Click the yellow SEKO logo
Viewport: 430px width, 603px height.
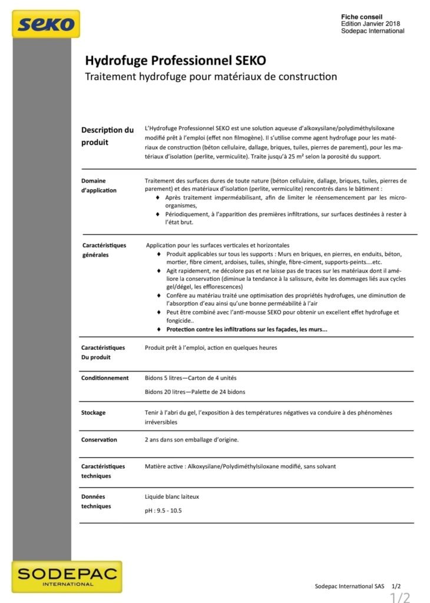click(45, 24)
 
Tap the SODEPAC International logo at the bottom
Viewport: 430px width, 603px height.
click(67, 576)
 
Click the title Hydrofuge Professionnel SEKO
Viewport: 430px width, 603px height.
click(176, 61)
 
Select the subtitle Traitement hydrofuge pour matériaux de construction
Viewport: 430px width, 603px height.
click(211, 77)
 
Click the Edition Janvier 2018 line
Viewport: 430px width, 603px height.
click(371, 24)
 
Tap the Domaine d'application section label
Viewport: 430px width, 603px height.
click(99, 185)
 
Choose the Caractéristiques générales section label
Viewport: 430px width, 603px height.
click(103, 250)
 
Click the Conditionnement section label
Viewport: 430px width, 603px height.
click(105, 378)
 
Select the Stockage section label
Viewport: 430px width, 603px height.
click(94, 413)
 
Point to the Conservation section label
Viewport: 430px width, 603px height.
click(99, 440)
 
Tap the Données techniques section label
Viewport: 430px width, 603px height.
click(96, 501)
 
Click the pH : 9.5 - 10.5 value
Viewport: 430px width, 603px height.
click(163, 511)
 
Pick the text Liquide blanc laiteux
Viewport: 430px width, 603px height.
click(172, 497)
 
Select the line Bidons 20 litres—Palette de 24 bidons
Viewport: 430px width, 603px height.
click(195, 392)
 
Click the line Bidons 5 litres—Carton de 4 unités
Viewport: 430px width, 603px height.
click(190, 378)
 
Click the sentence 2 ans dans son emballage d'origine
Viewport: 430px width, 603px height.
click(191, 440)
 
